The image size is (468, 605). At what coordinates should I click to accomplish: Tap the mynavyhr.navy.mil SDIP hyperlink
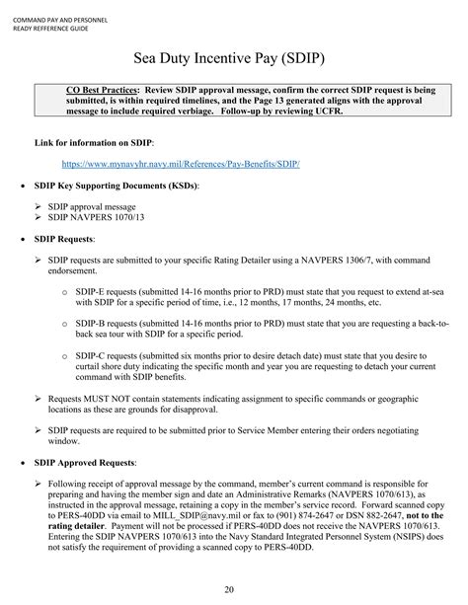tap(181, 162)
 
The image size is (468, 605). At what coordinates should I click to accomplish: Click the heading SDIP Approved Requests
tap(86, 462)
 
